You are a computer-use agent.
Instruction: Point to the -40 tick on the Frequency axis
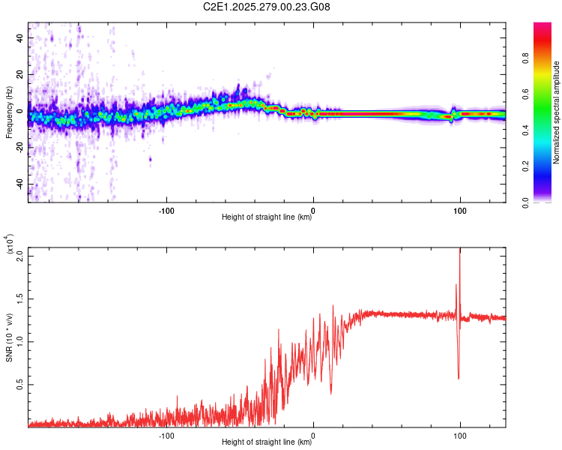21,184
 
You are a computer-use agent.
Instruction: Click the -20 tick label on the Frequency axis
21,148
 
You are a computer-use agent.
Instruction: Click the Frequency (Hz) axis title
9,112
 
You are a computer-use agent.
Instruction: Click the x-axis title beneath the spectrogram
267,217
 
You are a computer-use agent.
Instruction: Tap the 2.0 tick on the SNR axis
20,256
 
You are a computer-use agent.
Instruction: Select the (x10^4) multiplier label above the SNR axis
10,244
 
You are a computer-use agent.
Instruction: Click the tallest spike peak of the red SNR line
459,248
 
